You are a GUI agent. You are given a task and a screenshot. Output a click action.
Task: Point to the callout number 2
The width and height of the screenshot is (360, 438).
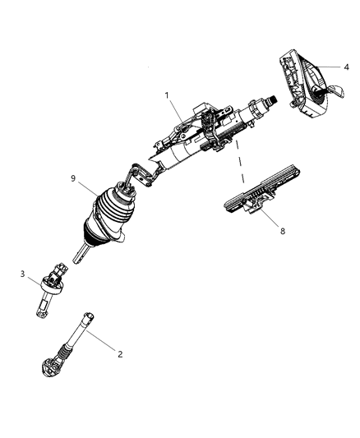[x=120, y=354]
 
